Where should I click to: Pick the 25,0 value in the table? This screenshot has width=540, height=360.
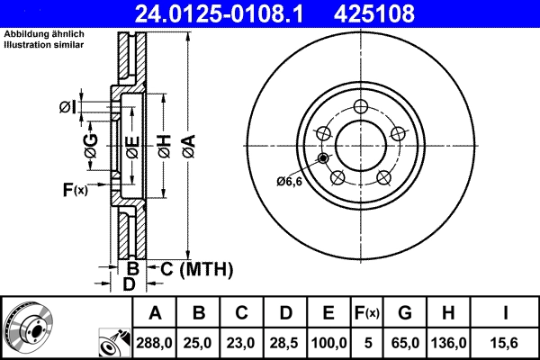[x=200, y=342]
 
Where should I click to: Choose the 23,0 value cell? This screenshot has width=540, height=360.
[x=241, y=342]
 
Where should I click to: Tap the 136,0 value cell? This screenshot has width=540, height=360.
[x=449, y=342]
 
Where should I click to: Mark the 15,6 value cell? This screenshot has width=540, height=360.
[x=506, y=342]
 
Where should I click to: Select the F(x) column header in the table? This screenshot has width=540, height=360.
[x=367, y=313]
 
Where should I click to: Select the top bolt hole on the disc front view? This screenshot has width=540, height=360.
[x=360, y=105]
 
